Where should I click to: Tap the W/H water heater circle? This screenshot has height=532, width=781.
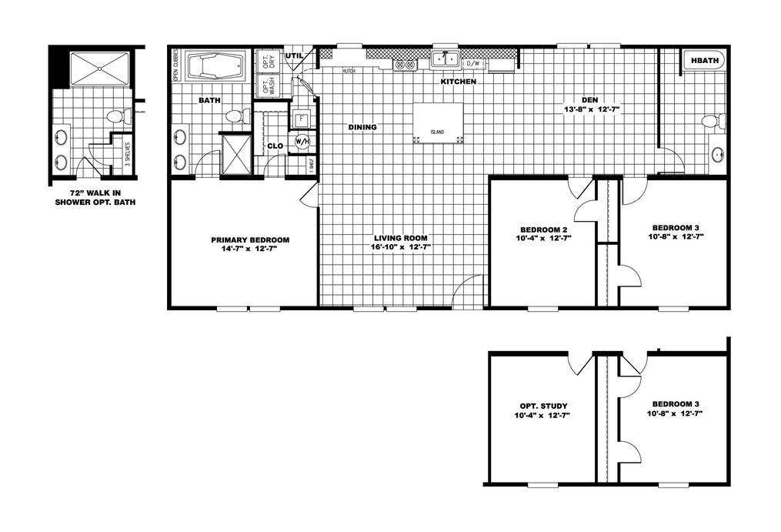[x=302, y=142]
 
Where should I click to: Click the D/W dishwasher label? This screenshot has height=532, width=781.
[x=473, y=63]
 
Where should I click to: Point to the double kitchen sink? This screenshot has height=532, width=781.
[x=445, y=59]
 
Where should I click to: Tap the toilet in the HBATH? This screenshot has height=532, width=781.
[x=713, y=122]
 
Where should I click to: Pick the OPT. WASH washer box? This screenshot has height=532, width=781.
[x=268, y=85]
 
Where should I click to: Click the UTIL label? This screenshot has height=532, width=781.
[x=294, y=56]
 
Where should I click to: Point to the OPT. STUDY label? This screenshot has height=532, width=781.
[x=542, y=406]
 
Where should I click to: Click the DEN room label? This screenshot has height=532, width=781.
[x=591, y=99]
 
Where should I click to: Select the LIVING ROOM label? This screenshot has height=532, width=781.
[x=401, y=238]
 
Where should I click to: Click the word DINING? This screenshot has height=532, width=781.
[x=362, y=127]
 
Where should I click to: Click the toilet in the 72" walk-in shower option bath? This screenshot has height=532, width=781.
[x=117, y=117]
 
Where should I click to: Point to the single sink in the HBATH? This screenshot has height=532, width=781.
[x=717, y=155]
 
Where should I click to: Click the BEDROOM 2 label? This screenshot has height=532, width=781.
[x=543, y=229]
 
